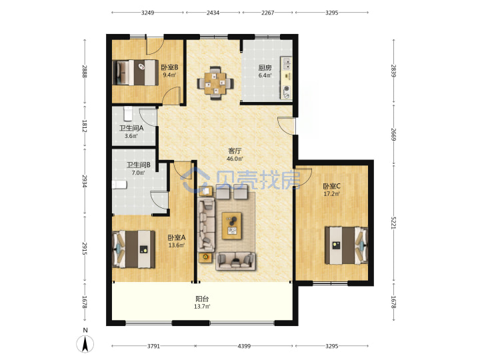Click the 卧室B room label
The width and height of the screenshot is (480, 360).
(x=169, y=67)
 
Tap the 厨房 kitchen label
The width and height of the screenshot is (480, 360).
(x=265, y=67)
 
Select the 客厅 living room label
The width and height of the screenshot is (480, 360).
(x=235, y=151)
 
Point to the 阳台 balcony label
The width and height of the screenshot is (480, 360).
(x=202, y=299)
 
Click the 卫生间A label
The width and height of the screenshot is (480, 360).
(x=131, y=128)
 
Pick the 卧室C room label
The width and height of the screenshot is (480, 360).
(x=332, y=186)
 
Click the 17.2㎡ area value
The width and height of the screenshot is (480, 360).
(x=332, y=194)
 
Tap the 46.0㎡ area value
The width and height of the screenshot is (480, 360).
(x=235, y=159)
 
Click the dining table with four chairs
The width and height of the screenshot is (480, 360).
(x=215, y=83)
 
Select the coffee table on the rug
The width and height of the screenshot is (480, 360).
(x=232, y=225)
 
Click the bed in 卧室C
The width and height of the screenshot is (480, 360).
(x=347, y=245)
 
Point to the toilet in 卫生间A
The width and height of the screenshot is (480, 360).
(x=128, y=113)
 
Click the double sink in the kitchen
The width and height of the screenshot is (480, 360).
(x=287, y=64)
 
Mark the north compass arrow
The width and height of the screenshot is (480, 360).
(x=85, y=344)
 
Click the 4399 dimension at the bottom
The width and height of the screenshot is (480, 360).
(x=244, y=346)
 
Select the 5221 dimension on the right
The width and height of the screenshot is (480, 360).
(x=394, y=223)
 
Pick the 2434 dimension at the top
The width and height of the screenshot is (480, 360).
(x=213, y=13)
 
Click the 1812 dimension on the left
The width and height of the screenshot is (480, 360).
(x=85, y=126)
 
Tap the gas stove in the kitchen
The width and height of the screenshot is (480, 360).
(x=287, y=92)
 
